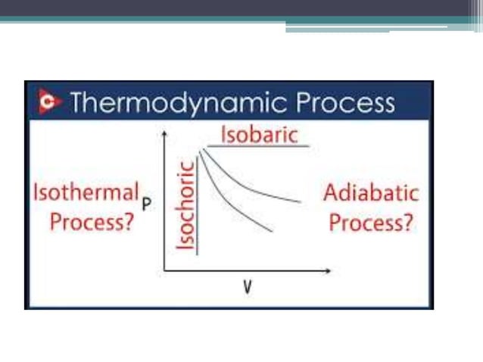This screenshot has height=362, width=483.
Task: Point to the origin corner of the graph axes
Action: tap(164, 270)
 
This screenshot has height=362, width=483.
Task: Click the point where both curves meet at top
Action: tap(201, 151)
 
